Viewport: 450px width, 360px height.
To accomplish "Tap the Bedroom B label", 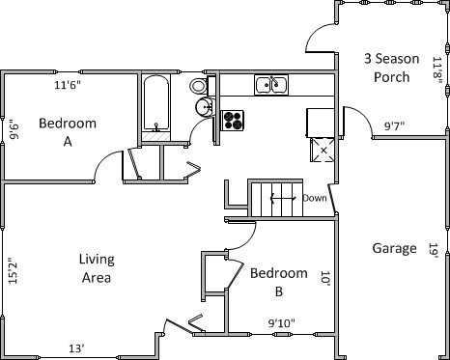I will (x=279, y=283).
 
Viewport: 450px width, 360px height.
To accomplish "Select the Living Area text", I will (x=97, y=268).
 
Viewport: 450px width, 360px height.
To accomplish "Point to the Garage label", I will (x=394, y=248).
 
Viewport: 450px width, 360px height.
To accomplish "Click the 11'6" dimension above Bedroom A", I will (x=67, y=85).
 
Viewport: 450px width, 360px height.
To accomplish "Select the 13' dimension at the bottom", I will (x=75, y=348).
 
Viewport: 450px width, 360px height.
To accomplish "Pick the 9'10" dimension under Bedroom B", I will (x=281, y=322).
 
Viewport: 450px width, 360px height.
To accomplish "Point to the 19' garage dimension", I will (x=436, y=250).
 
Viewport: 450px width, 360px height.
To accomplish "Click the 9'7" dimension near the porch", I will (x=394, y=125).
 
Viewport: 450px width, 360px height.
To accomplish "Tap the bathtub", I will (x=156, y=103).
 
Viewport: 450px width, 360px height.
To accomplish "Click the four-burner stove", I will (x=234, y=120).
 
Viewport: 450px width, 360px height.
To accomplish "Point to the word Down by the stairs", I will (x=315, y=198).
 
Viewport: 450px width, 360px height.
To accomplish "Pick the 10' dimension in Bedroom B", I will (x=326, y=277).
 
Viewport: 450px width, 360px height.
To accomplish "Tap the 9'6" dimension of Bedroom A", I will (x=14, y=129).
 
